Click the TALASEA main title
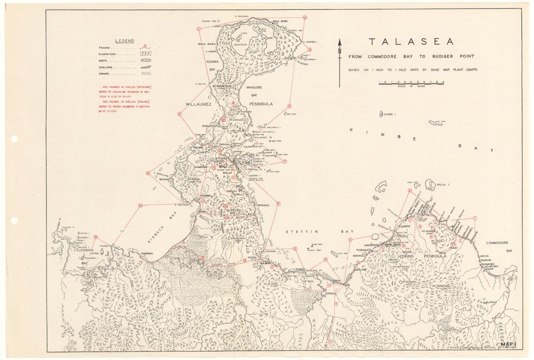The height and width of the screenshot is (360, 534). pos(411,42)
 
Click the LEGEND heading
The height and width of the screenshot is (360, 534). pos(124,41)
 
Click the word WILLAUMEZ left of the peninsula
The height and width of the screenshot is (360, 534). pos(199,105)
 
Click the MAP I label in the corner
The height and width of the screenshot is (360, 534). pos(507,344)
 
